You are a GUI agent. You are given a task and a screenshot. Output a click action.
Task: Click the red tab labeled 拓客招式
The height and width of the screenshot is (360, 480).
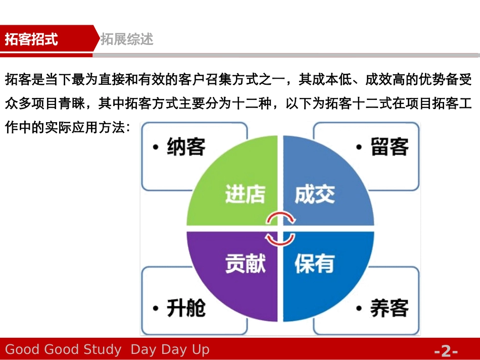click(x=31, y=39)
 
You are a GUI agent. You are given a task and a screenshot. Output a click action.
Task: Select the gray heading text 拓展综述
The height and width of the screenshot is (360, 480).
click(x=127, y=39)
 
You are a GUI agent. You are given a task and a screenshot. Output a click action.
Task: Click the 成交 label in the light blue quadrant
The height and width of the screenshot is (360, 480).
click(x=314, y=194)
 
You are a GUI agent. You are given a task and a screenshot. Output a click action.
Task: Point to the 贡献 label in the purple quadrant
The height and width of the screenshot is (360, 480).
click(x=245, y=264)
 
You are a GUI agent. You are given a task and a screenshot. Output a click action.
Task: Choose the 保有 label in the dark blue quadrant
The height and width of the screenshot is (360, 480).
click(x=314, y=264)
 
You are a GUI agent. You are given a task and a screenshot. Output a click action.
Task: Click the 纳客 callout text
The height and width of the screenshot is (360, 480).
click(x=186, y=147)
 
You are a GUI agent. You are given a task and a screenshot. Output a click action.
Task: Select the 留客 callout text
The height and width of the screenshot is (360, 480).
click(x=389, y=147)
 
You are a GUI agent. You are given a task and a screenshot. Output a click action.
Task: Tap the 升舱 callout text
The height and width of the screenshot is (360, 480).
click(x=186, y=307)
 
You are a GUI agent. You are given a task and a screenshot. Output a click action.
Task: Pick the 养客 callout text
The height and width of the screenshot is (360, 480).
click(x=389, y=307)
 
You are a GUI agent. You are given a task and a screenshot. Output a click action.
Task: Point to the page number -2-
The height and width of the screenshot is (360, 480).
click(x=446, y=350)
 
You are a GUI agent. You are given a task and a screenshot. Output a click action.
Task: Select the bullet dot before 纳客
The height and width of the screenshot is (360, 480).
click(x=156, y=147)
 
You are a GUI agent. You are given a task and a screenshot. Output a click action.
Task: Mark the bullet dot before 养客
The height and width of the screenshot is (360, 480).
click(x=359, y=308)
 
